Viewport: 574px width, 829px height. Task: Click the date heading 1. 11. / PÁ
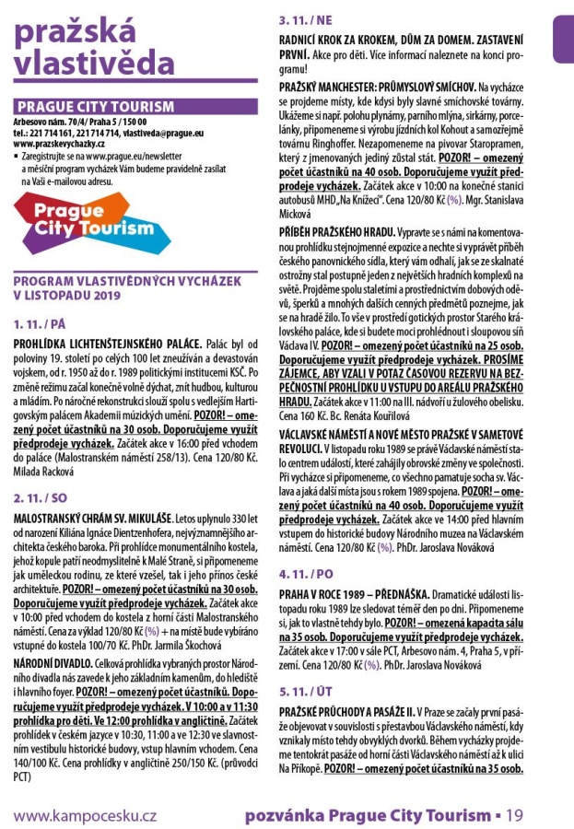click(41, 324)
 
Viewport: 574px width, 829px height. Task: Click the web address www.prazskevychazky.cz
click(60, 145)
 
